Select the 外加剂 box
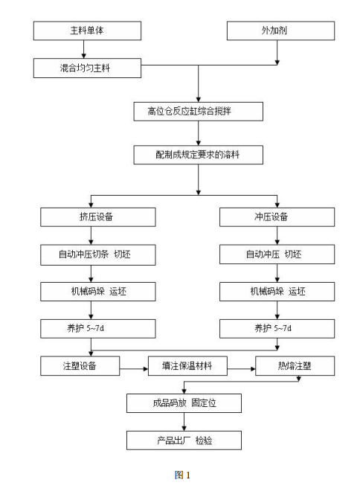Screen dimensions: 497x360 click(277, 31)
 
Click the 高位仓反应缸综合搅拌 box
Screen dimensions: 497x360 click(198, 112)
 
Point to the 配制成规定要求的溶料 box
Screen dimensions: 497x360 click(198, 155)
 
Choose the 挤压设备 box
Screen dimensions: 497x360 click(98, 217)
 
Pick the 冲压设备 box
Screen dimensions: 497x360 click(277, 217)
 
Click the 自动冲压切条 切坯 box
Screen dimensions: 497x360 click(98, 254)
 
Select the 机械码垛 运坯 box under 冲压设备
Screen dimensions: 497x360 click(277, 292)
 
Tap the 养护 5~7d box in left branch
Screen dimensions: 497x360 click(98, 328)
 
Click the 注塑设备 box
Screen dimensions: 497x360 click(80, 366)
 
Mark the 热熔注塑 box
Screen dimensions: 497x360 click(295, 366)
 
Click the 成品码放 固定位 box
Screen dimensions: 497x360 click(184, 404)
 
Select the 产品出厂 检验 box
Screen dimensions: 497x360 click(184, 440)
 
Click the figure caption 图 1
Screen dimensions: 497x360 click(182, 474)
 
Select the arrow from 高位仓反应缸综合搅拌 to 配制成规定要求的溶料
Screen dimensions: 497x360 click(198, 134)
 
